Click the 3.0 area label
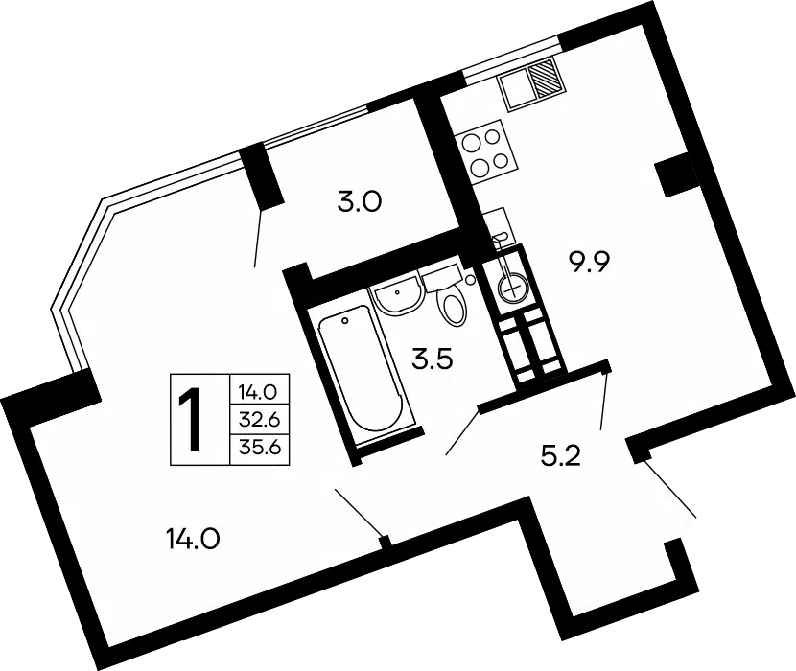pos(359,202)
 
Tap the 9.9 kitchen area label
pos(589,264)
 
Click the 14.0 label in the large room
pos(193,539)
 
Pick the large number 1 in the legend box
pos(194,419)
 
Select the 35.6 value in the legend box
pos(259,450)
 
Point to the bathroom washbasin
pos(396,296)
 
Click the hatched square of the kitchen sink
pos(546,78)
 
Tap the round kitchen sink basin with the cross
pos(513,289)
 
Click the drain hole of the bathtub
pos(345,321)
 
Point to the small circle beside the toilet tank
pos(470,279)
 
